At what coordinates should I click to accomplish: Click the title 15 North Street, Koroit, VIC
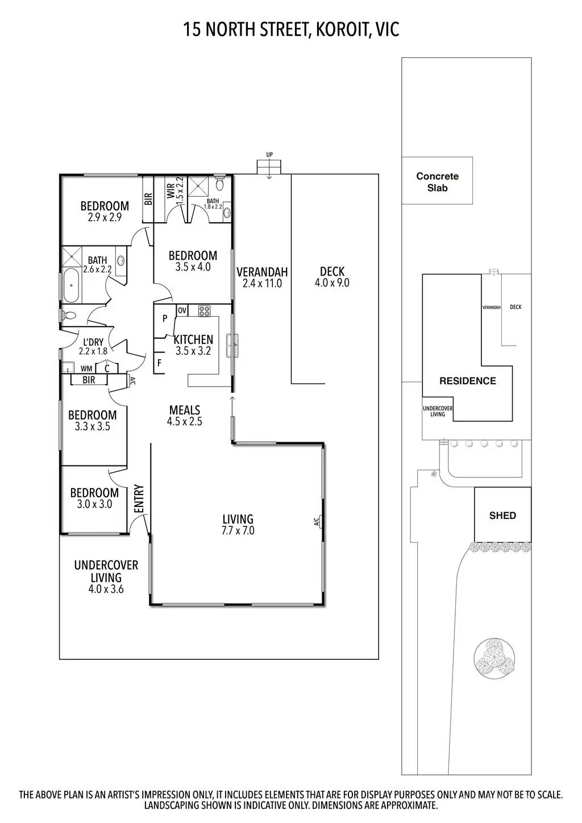[291, 29]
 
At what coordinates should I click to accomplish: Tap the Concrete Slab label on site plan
[437, 181]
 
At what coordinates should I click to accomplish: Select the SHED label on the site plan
[502, 516]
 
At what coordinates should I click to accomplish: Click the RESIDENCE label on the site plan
[467, 381]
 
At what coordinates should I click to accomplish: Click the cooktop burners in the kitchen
[205, 311]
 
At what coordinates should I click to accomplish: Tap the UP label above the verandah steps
[269, 155]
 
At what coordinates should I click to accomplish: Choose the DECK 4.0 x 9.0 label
[332, 277]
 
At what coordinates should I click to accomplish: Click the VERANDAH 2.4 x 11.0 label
[262, 277]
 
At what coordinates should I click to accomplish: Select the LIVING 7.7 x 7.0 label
[238, 525]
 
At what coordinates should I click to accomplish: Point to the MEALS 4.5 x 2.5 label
[185, 415]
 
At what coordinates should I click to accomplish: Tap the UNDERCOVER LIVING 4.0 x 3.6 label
[106, 577]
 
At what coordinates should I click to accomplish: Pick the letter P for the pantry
[165, 319]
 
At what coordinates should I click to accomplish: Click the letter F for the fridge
[159, 362]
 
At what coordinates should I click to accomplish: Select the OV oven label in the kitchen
[182, 310]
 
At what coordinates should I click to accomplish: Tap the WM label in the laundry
[86, 368]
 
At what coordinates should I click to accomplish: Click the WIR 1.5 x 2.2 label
[175, 191]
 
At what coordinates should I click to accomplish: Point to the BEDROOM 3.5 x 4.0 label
[193, 261]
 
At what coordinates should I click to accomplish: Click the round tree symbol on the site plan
[494, 658]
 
